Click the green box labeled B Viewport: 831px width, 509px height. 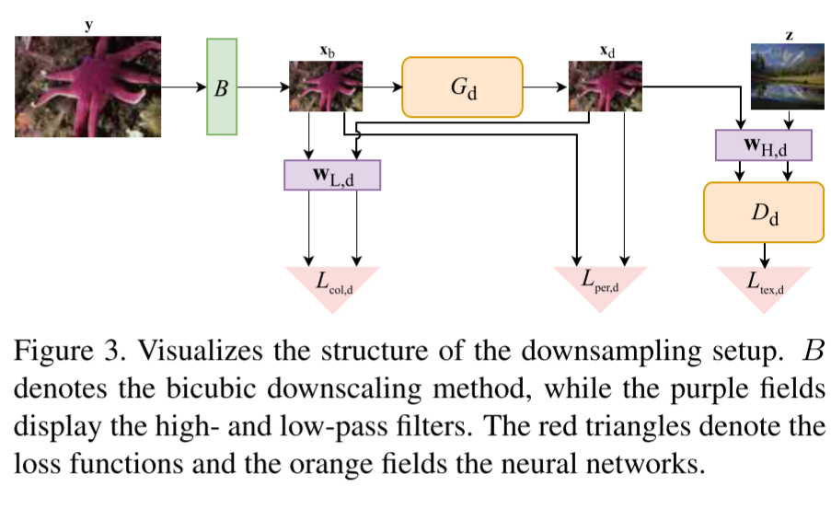[222, 87]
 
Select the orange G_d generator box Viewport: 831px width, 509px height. [461, 87]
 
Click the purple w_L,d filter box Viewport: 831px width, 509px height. [332, 174]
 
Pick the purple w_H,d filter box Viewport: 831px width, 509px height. [764, 145]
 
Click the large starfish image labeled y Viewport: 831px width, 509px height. [87, 87]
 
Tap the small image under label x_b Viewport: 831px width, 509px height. [326, 87]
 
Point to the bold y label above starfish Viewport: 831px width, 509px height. [88, 26]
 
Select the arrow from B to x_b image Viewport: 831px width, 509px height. [263, 87]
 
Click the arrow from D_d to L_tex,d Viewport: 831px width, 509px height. [764, 253]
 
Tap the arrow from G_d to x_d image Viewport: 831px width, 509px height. [546, 87]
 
